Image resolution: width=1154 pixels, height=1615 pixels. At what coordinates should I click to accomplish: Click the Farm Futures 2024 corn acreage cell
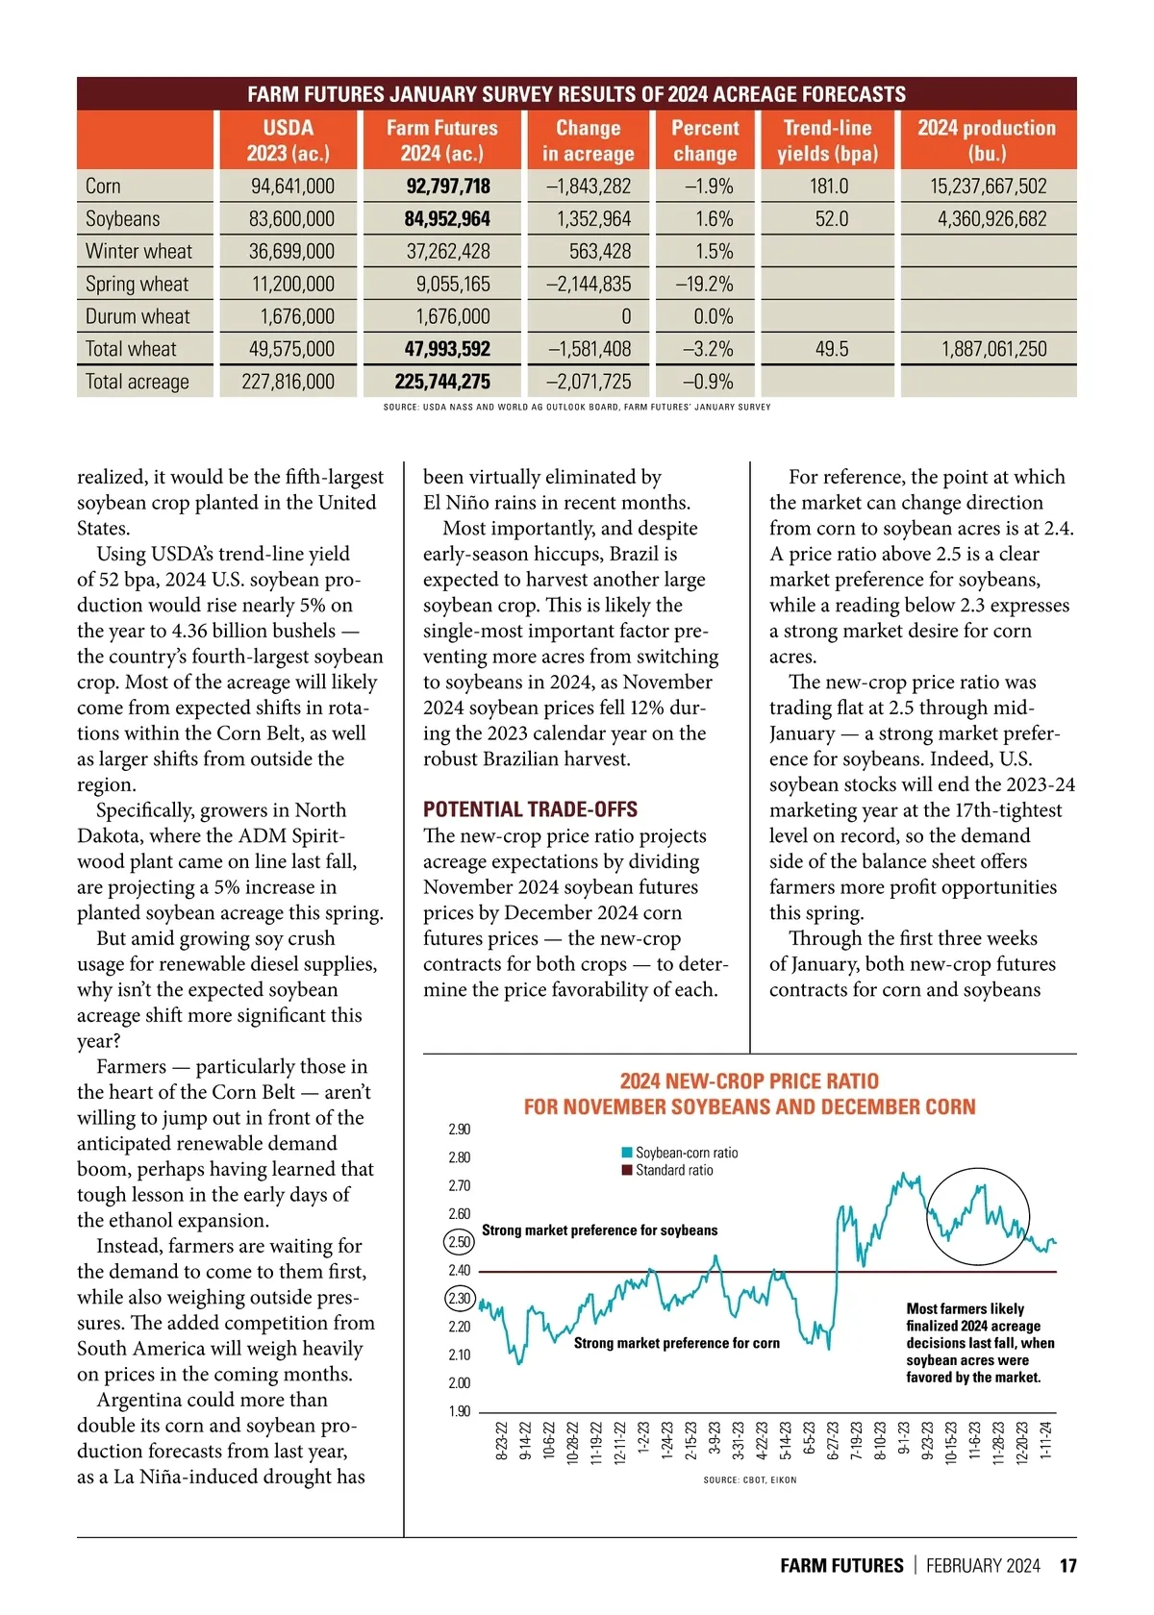(447, 186)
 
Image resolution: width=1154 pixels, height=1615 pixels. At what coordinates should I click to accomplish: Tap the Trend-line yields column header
(827, 140)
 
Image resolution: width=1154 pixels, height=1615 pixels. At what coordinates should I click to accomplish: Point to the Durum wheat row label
(138, 317)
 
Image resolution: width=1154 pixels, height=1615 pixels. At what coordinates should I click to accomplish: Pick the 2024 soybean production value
(991, 219)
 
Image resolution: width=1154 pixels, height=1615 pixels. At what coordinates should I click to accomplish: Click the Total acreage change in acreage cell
(589, 382)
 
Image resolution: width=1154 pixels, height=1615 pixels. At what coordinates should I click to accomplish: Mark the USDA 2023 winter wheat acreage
(291, 252)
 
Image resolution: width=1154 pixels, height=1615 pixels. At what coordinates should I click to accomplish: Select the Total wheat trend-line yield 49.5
(832, 349)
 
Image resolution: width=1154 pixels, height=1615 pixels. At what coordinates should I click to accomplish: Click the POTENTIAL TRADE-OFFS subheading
(530, 809)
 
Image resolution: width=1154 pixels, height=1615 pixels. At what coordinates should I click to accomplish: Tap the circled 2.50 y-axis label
(460, 1242)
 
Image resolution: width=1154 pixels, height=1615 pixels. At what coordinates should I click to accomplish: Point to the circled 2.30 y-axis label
(460, 1299)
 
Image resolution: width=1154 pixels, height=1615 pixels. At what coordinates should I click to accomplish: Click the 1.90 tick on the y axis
(460, 1411)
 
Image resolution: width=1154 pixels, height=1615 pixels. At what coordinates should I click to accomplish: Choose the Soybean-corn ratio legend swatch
(627, 1153)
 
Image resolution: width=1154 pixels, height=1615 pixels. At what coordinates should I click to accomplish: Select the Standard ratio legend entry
(673, 1170)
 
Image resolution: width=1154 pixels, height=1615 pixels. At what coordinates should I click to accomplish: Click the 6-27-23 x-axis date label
(834, 1441)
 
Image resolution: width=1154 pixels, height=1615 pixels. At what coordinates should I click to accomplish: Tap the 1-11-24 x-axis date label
(1046, 1441)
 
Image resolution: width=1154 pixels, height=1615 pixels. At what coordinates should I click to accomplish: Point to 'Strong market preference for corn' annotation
(676, 1343)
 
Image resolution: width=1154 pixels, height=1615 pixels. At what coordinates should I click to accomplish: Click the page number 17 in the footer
(1067, 1566)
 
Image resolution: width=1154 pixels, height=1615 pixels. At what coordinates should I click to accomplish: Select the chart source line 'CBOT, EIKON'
(750, 1480)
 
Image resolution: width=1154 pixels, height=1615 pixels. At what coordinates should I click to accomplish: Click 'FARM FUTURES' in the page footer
(841, 1566)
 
